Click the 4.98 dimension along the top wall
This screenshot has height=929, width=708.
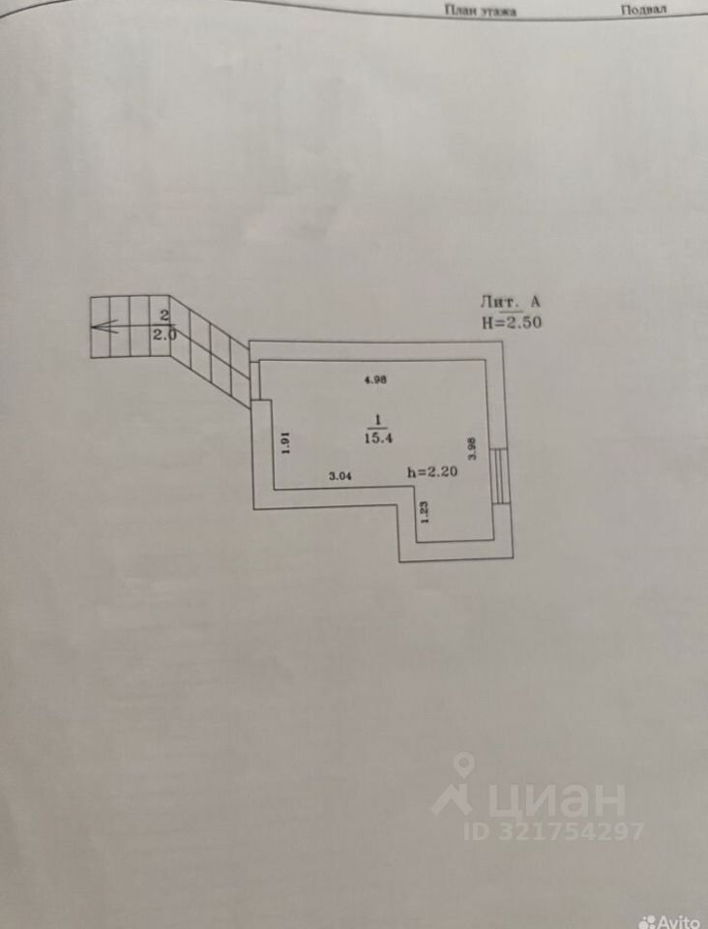[x=375, y=380]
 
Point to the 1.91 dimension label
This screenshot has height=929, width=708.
[x=286, y=442]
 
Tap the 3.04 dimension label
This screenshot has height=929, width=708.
[x=341, y=475]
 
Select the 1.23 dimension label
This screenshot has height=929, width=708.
[x=424, y=510]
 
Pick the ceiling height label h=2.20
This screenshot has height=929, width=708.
[x=431, y=472]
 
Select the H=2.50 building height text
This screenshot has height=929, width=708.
[x=511, y=323]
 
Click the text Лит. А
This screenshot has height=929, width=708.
[x=511, y=302]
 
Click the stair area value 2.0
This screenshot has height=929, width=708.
[x=165, y=335]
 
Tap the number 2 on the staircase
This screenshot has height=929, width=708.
[x=164, y=315]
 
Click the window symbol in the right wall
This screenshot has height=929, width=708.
[x=498, y=475]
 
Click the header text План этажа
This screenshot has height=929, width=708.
[x=481, y=11]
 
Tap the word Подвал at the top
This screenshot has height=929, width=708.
[x=643, y=10]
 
